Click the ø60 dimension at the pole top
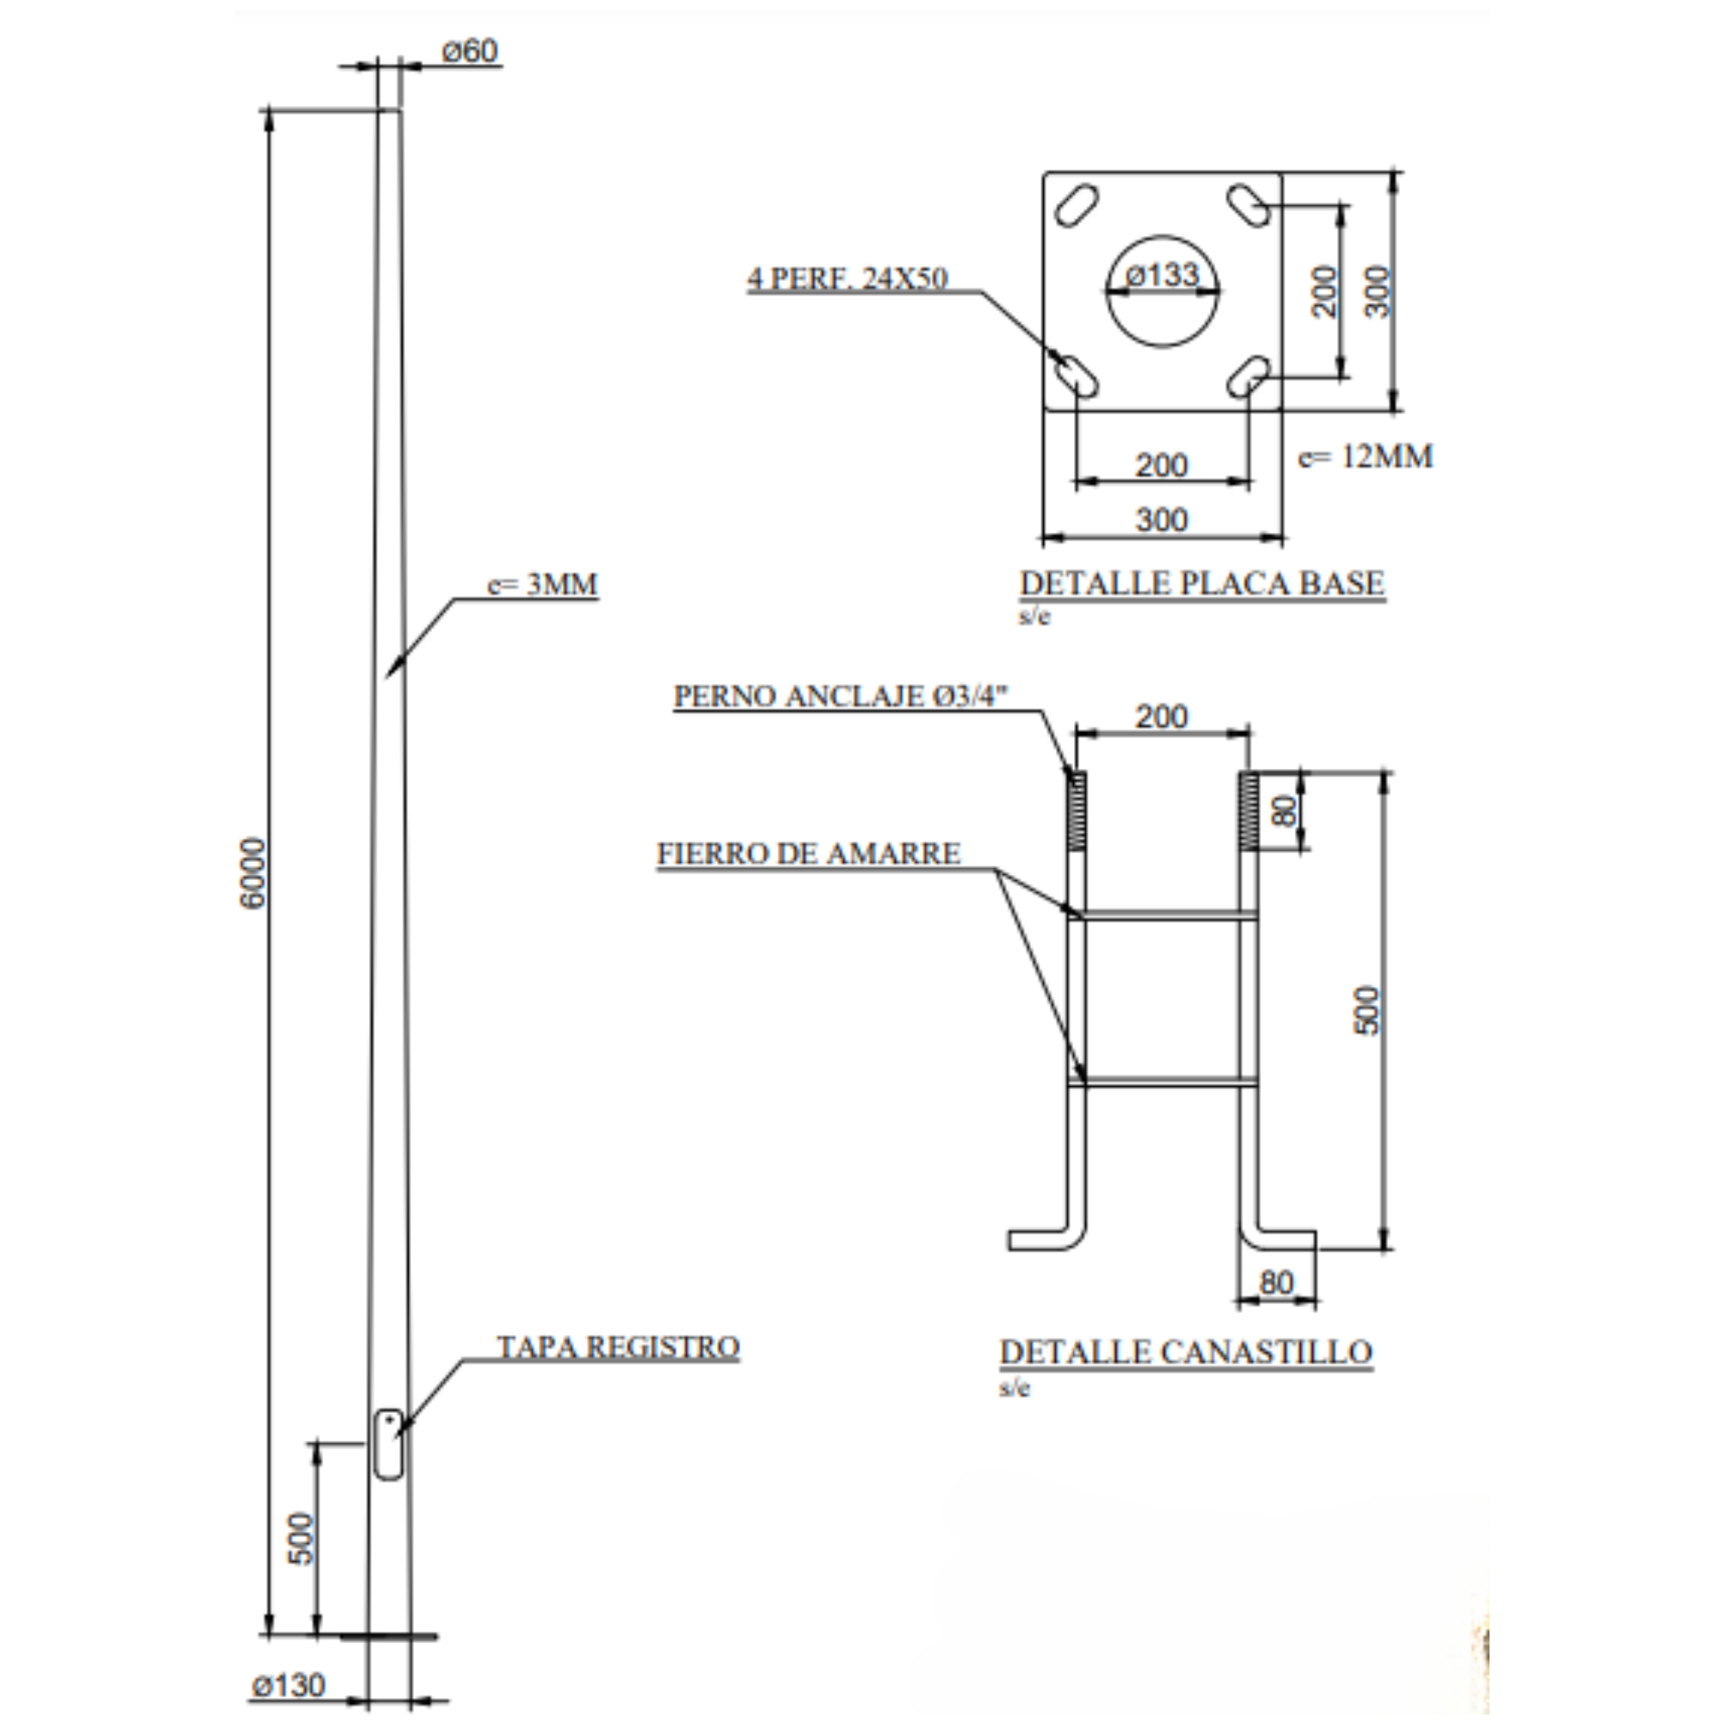pyautogui.click(x=471, y=51)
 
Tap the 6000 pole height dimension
pyautogui.click(x=253, y=873)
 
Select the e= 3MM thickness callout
pyautogui.click(x=542, y=584)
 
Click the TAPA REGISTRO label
pyautogui.click(x=618, y=1346)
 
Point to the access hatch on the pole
pyautogui.click(x=388, y=1445)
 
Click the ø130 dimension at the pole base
pyautogui.click(x=288, y=1685)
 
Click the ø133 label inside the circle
pyautogui.click(x=1162, y=275)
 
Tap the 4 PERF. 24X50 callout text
pyautogui.click(x=847, y=278)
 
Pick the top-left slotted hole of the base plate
pyautogui.click(x=1076, y=205)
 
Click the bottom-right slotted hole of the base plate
pyautogui.click(x=1249, y=377)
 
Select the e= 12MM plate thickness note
pyautogui.click(x=1365, y=457)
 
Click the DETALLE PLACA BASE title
pyautogui.click(x=1202, y=584)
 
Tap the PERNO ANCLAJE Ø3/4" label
pyautogui.click(x=840, y=696)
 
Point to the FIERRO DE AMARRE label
pyautogui.click(x=809, y=854)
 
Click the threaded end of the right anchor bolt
pyautogui.click(x=1249, y=810)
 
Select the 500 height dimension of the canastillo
pyautogui.click(x=1367, y=1010)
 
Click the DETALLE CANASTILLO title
pyautogui.click(x=1186, y=1352)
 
